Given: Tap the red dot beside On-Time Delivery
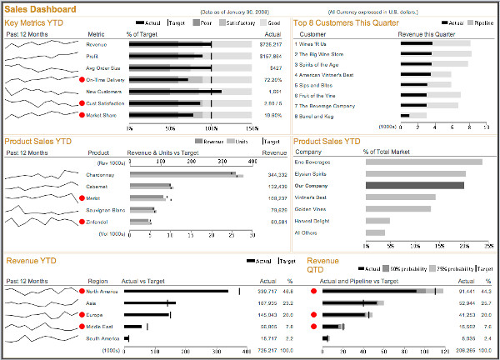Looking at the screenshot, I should click(81, 79).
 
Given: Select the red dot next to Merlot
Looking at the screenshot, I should click(81, 198).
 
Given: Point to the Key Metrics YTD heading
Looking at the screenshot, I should click(33, 22).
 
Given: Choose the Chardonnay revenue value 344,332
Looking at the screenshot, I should click(277, 175).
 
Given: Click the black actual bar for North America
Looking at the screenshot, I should click(175, 291).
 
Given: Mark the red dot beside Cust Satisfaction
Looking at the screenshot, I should click(81, 103).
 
